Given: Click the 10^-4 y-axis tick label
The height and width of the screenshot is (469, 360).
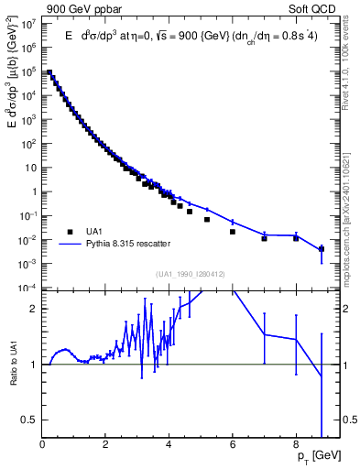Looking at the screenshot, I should [28, 288].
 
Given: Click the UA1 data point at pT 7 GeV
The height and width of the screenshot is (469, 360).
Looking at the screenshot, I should [264, 238].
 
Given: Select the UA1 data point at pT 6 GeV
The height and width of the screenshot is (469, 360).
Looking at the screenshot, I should [233, 232].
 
